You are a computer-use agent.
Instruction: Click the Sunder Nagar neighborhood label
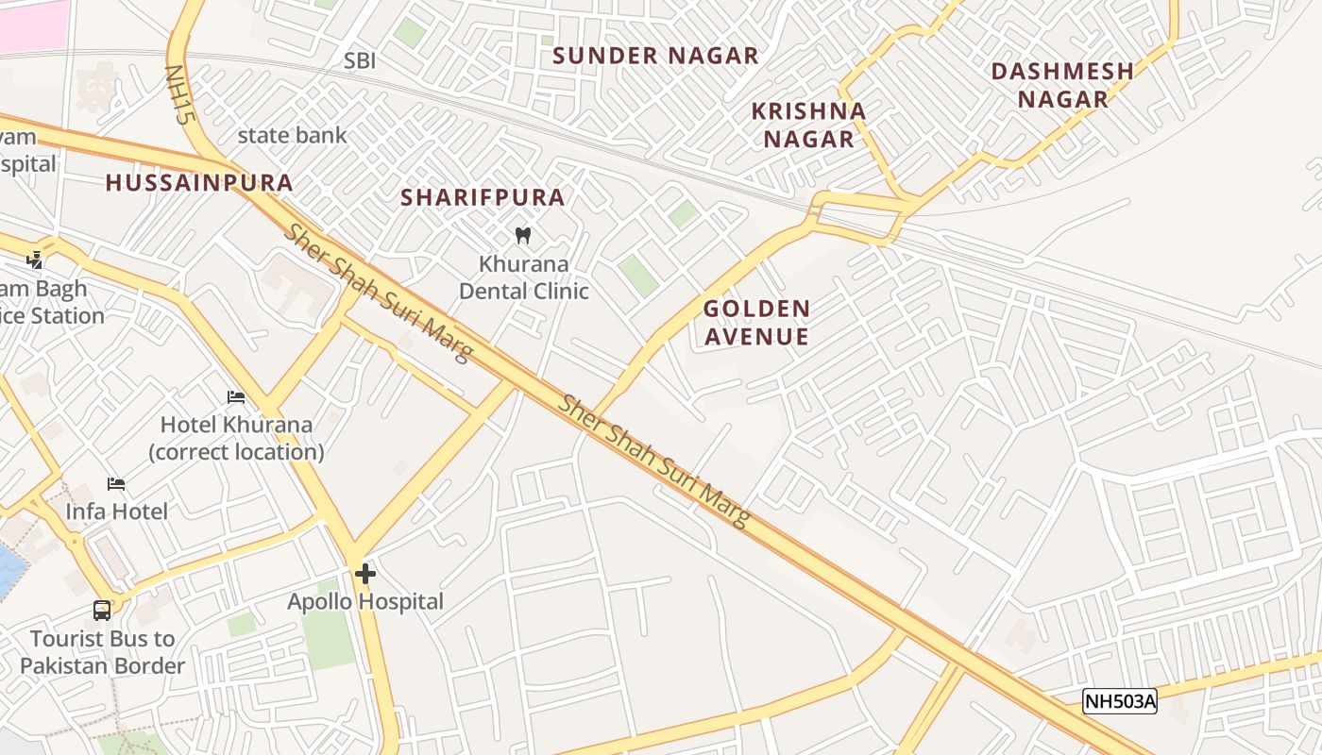point(655,56)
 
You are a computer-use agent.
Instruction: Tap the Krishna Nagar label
point(808,125)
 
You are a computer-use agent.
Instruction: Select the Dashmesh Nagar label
point(1062,85)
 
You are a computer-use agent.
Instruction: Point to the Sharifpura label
point(483,197)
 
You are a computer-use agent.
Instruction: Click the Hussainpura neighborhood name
point(199,183)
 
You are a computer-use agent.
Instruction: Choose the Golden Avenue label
point(756,322)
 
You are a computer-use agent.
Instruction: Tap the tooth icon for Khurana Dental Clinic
point(523,235)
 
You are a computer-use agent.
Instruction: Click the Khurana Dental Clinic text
point(524,277)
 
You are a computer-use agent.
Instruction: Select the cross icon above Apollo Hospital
point(365,573)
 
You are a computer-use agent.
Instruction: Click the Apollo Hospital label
point(365,601)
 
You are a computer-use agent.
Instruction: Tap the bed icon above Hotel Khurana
point(236,397)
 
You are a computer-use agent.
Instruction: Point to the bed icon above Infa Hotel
point(116,484)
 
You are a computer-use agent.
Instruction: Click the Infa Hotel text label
point(116,512)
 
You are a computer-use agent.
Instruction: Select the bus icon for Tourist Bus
point(102,611)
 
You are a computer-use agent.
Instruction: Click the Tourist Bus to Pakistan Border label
point(102,652)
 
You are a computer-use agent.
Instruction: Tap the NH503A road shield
point(1119,701)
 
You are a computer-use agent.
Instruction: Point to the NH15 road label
point(178,95)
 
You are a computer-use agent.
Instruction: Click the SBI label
point(360,61)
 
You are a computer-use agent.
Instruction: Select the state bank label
point(292,135)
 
